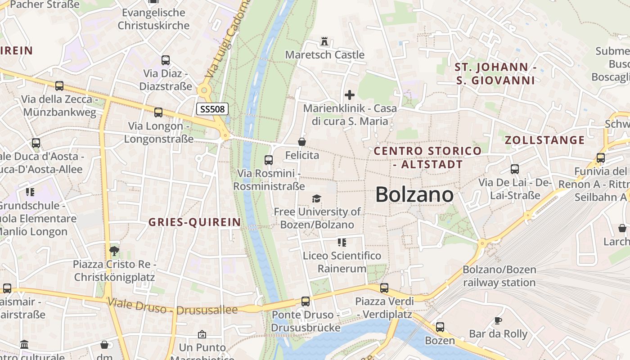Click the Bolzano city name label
(x=414, y=195)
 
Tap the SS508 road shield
(x=212, y=108)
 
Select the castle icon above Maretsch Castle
(x=324, y=41)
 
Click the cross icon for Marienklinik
(x=350, y=95)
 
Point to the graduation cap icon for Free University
(x=317, y=198)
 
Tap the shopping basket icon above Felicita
(x=302, y=142)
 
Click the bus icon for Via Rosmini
(x=269, y=160)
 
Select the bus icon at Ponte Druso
(x=306, y=301)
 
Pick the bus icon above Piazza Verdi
(x=384, y=288)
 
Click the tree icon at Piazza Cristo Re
(x=114, y=251)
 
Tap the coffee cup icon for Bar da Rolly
(x=498, y=320)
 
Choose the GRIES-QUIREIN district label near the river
(x=194, y=222)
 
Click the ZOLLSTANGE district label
(x=544, y=140)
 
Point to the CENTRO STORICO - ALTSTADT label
(x=427, y=157)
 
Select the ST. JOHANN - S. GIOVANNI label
(x=495, y=74)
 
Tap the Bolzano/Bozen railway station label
(x=499, y=276)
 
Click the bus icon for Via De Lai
(x=515, y=169)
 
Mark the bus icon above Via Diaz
(x=166, y=60)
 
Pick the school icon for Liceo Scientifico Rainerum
(x=342, y=243)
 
